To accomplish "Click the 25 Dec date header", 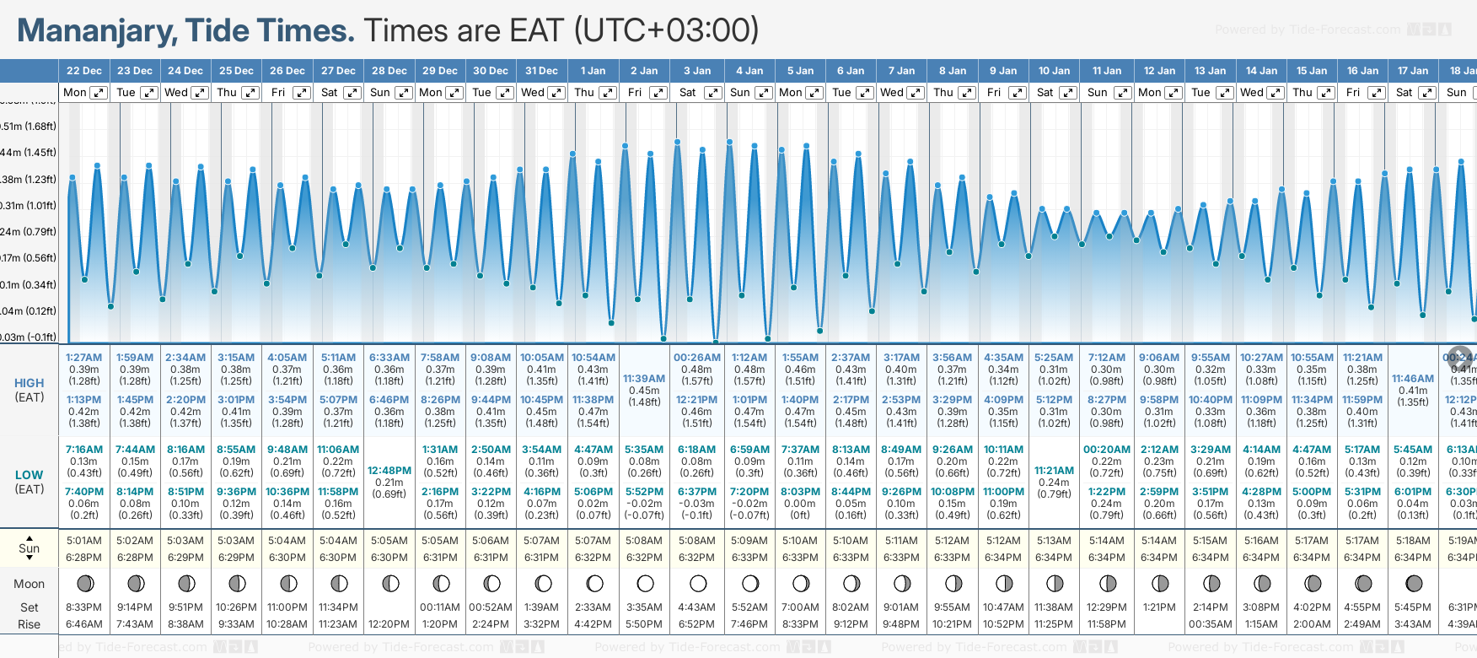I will tap(236, 71).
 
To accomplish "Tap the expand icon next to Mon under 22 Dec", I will tap(99, 93).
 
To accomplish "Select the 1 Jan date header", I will tap(593, 71).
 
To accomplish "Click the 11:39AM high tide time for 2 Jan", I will tap(644, 379).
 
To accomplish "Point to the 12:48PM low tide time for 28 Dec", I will tap(389, 471).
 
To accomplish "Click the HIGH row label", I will tap(30, 383).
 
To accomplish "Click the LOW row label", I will tap(30, 475).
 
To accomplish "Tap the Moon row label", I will tap(30, 584).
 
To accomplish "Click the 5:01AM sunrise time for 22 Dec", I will tap(84, 541).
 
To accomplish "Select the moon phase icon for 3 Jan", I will tap(698, 584).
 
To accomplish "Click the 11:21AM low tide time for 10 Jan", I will tap(1054, 471).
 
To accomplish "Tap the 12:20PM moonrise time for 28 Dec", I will tap(389, 624).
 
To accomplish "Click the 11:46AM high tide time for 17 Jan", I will tap(1413, 379).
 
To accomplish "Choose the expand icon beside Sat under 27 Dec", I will tap(352, 93).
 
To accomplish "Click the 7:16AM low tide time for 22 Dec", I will tap(84, 450).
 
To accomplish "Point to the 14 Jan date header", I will tap(1261, 71).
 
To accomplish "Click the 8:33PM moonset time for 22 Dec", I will tap(84, 607).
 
